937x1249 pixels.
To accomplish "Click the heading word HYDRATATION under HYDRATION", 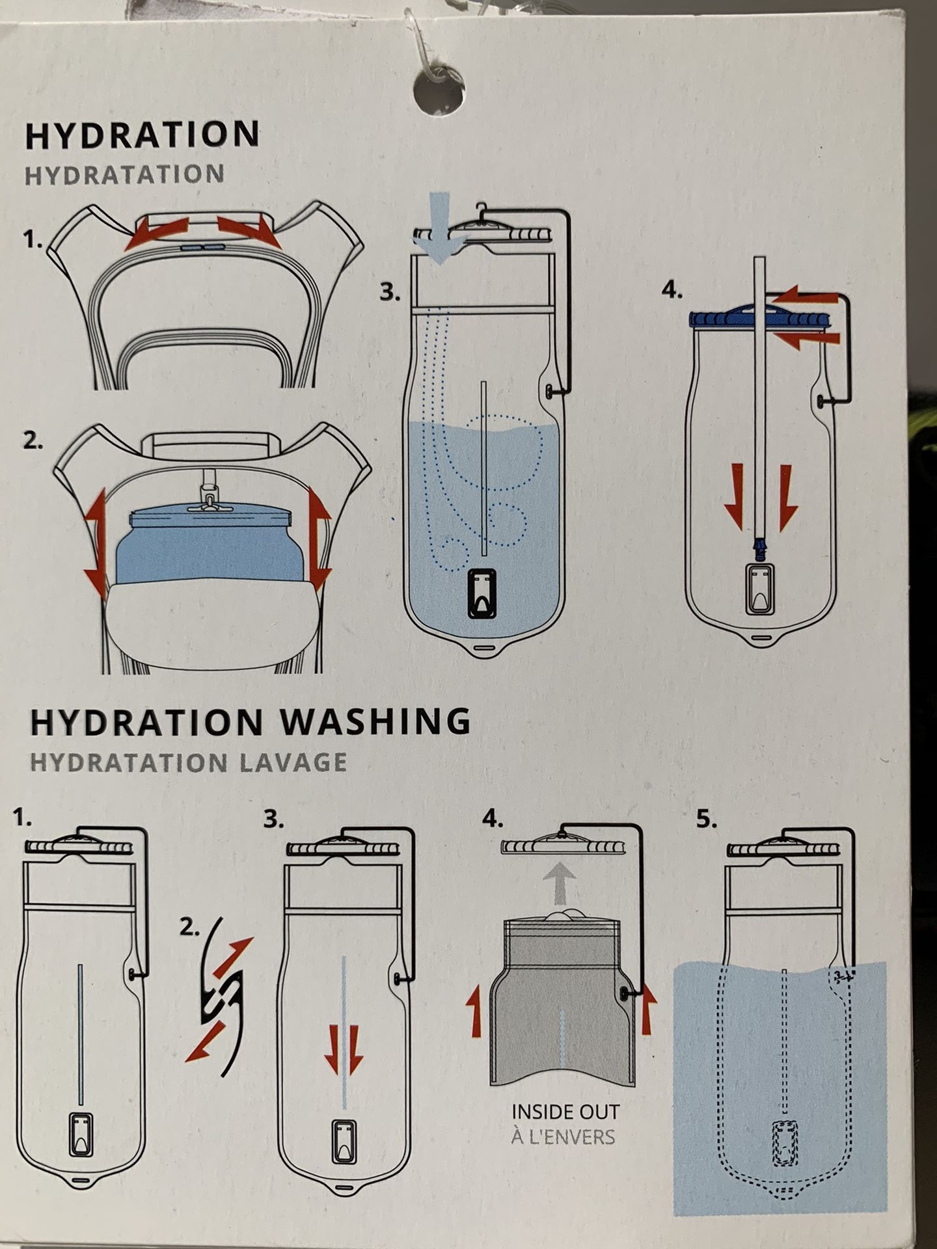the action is (125, 175).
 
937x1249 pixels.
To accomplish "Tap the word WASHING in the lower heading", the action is (378, 721).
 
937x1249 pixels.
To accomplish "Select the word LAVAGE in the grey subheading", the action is (292, 762).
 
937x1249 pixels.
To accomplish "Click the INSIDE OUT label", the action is (564, 1112).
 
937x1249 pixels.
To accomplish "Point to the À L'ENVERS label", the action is (562, 1136).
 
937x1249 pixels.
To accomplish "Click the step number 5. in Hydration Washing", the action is (707, 820).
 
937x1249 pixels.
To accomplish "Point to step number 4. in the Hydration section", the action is (672, 291).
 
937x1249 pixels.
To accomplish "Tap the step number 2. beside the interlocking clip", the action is (189, 929).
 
